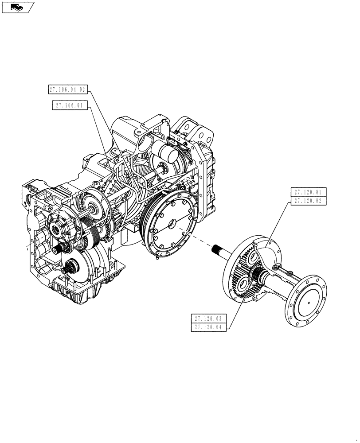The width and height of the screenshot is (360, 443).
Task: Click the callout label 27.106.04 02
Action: [x=69, y=89]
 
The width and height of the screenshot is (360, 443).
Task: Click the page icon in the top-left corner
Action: [x=18, y=7]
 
